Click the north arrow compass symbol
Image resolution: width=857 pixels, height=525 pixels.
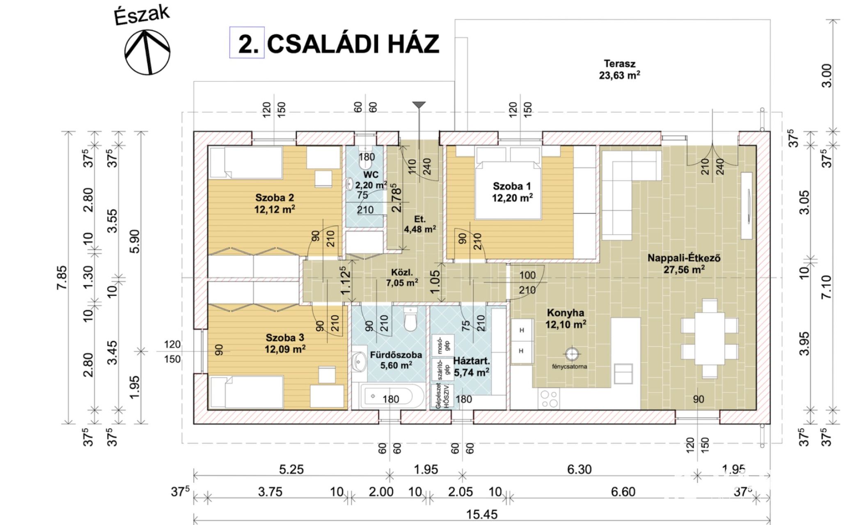(x=147, y=52)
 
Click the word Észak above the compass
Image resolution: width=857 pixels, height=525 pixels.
(x=142, y=15)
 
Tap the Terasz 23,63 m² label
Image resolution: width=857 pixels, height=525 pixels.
(x=619, y=69)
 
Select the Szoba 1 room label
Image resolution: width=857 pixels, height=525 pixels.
(x=512, y=192)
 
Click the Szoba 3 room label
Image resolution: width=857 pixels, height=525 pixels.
(x=285, y=343)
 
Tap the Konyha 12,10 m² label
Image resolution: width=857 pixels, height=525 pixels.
(x=565, y=318)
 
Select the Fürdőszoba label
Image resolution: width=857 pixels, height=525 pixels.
(x=396, y=360)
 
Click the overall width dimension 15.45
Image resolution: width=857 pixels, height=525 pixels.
(x=481, y=514)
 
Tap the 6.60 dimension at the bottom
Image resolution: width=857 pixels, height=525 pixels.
(x=623, y=491)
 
